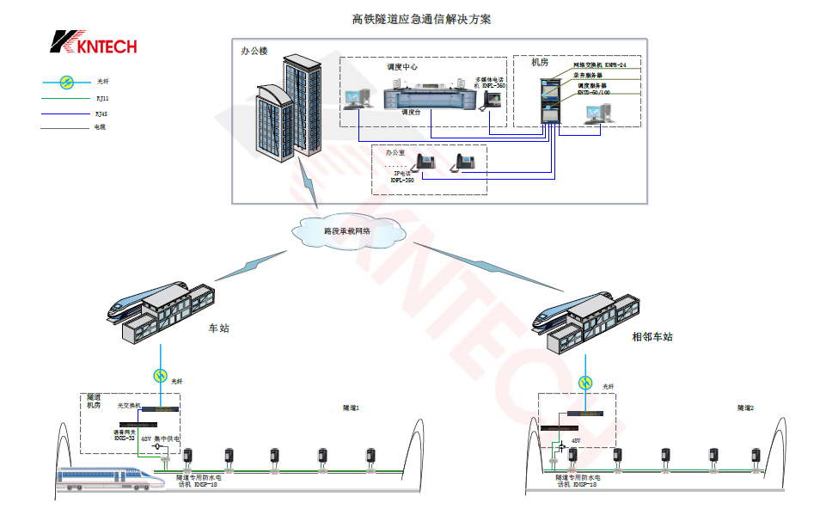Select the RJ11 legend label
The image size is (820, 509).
pyautogui.click(x=102, y=98)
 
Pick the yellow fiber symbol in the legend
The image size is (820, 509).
pyautogui.click(x=66, y=83)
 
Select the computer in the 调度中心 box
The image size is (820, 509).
pyautogui.click(x=356, y=97)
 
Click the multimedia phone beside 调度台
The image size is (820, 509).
pyautogui.click(x=493, y=99)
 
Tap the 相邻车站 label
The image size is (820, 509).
pyautogui.click(x=652, y=336)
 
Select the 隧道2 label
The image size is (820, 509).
pyautogui.click(x=745, y=408)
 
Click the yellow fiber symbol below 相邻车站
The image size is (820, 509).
pyautogui.click(x=586, y=383)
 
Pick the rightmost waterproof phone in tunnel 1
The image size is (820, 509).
pyautogui.click(x=370, y=457)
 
